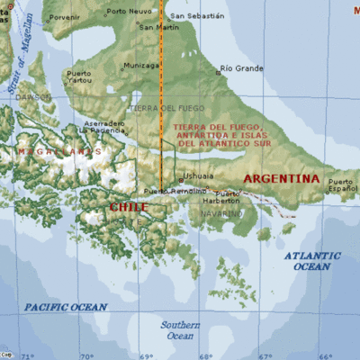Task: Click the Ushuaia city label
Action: coord(199,175)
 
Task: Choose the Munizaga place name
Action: coord(141,65)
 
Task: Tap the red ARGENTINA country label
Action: coord(282,179)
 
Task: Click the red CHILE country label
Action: coord(128,207)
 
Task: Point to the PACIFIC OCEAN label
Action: coord(66,307)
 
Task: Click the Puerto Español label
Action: coord(342,185)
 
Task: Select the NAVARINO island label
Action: coord(220,214)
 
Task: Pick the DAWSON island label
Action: coord(34,96)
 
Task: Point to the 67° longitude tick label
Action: coord(265,355)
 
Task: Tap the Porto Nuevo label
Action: coord(129,12)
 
